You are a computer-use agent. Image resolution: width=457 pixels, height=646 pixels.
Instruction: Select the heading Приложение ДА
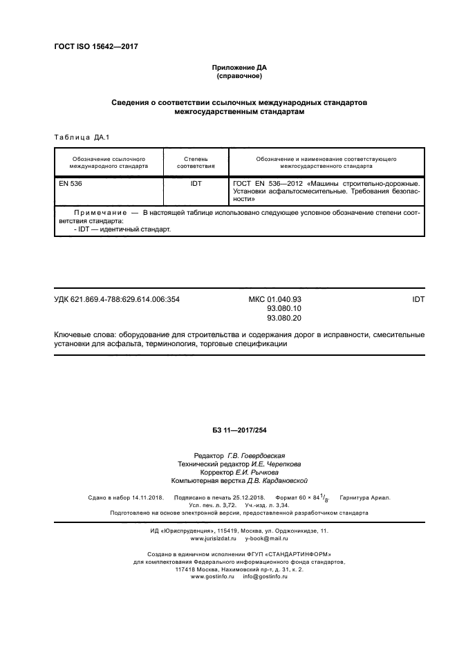(239, 68)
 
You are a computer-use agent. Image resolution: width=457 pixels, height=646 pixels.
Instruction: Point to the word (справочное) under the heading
(239, 76)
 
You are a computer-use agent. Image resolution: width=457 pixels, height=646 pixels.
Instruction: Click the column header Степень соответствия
(196, 162)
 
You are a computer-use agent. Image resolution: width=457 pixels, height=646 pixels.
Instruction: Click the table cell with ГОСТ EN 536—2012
(326, 191)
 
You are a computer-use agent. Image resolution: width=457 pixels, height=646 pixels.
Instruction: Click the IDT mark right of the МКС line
(418, 299)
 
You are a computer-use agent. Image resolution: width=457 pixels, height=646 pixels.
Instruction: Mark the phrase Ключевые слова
(82, 335)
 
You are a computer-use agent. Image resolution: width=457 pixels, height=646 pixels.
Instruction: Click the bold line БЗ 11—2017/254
(239, 430)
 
